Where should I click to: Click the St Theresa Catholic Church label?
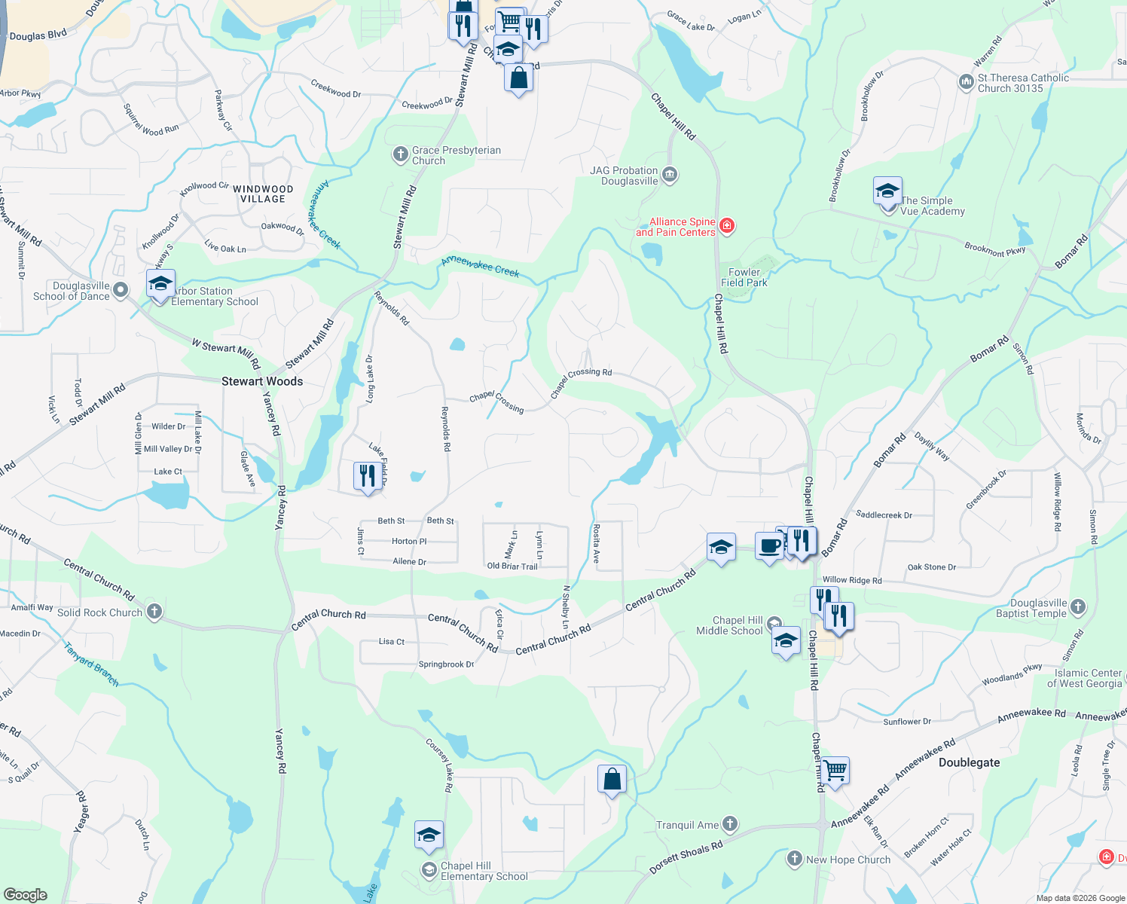click(x=1022, y=83)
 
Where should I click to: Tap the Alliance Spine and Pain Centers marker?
click(x=727, y=226)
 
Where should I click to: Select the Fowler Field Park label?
click(x=744, y=277)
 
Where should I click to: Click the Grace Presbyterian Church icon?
click(x=400, y=154)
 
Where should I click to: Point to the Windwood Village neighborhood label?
click(x=262, y=194)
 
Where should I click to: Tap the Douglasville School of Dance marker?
click(x=120, y=290)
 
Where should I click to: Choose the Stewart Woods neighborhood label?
click(x=262, y=381)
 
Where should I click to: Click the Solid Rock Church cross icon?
click(x=154, y=612)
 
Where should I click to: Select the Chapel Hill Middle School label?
click(x=729, y=625)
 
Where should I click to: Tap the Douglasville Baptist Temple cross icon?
click(x=1078, y=606)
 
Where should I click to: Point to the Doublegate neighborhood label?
click(x=969, y=762)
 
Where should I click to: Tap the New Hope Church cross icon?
click(x=794, y=858)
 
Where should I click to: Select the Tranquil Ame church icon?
click(x=729, y=823)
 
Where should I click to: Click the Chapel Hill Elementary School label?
click(x=484, y=871)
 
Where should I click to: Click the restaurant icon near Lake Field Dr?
click(x=367, y=476)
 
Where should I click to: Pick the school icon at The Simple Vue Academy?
click(x=887, y=190)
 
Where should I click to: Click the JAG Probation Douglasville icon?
click(x=670, y=176)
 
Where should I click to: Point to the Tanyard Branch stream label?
click(x=91, y=664)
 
